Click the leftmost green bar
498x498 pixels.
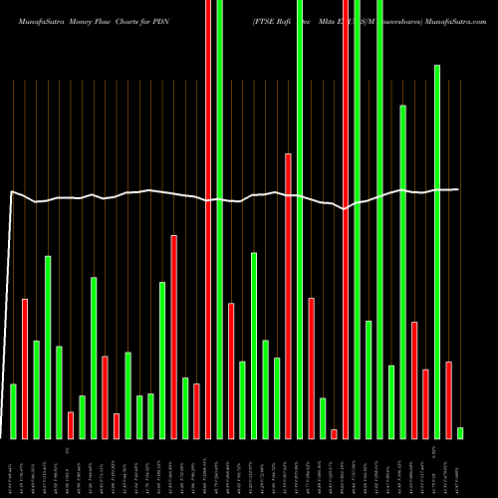13,410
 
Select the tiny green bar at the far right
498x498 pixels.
460,432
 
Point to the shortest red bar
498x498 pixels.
334,433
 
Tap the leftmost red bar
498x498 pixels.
25,369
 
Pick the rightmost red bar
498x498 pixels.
448,399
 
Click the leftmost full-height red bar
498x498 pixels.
208,219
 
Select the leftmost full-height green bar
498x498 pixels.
219,219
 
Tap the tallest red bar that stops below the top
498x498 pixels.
288,296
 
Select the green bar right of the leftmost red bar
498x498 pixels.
36,389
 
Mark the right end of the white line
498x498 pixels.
459,189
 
